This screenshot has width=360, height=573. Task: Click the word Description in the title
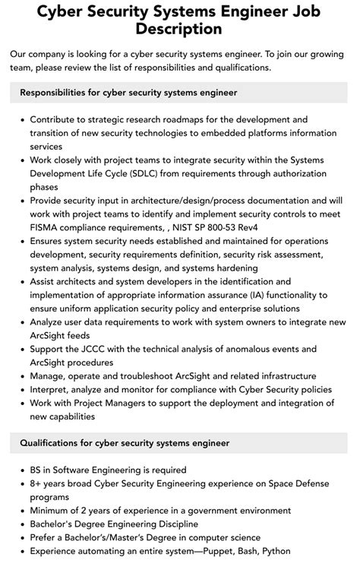pos(180,30)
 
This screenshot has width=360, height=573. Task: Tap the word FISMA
pos(45,226)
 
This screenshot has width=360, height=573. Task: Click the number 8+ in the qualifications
pos(37,483)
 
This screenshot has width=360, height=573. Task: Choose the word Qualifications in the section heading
pos(53,443)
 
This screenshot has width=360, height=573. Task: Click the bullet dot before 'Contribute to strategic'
pos(22,120)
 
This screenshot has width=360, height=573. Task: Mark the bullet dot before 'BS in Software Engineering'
pos(22,470)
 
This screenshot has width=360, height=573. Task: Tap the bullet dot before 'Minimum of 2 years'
pos(22,511)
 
